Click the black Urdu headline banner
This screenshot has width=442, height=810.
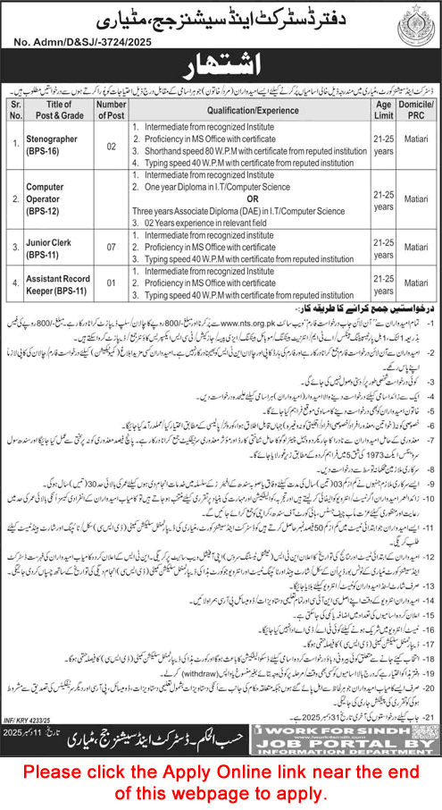(221, 67)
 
